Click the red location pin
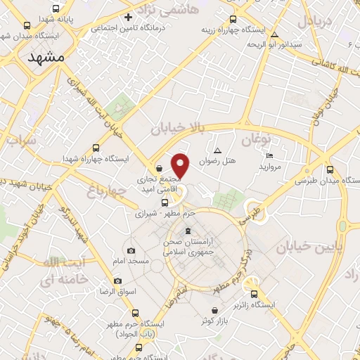(181, 165)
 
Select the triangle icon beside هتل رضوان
(217, 150)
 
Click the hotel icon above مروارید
(270, 156)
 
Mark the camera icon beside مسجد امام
(131, 250)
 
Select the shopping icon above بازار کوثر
(214, 310)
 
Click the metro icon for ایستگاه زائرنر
(255, 295)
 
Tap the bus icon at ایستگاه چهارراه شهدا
(96, 148)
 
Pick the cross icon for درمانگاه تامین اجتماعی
(127, 17)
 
